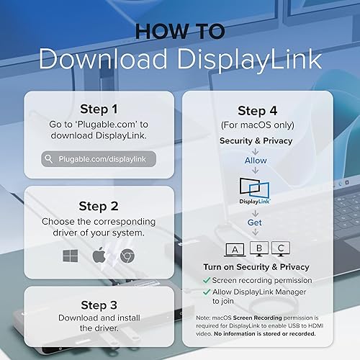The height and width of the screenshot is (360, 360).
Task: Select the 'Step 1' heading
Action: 99,109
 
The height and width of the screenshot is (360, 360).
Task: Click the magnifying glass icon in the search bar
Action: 48,159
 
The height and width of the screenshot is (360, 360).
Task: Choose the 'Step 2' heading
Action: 99,205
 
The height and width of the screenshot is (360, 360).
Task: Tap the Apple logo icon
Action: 99,256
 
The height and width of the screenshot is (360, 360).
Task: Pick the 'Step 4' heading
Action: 256,111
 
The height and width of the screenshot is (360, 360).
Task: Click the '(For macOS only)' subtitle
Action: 256,127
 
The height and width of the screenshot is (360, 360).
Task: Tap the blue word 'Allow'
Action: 256,159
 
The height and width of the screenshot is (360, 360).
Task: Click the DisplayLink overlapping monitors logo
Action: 256,191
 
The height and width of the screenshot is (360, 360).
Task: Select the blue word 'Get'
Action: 256,223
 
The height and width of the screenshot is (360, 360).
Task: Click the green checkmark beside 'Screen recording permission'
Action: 207,280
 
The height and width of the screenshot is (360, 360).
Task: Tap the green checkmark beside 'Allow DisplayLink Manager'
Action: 207,292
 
